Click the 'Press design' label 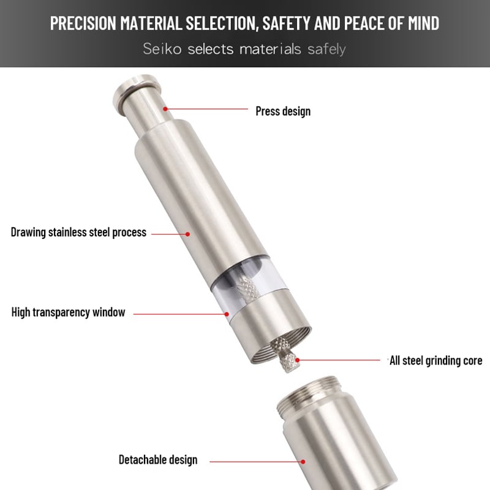tap(282, 111)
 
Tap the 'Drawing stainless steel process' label tap(78, 232)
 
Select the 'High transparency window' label tap(68, 312)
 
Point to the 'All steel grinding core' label tap(435, 360)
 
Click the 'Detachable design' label tap(157, 459)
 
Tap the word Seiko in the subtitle tap(163, 49)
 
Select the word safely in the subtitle tap(327, 49)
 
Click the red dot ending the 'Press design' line tap(165, 108)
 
